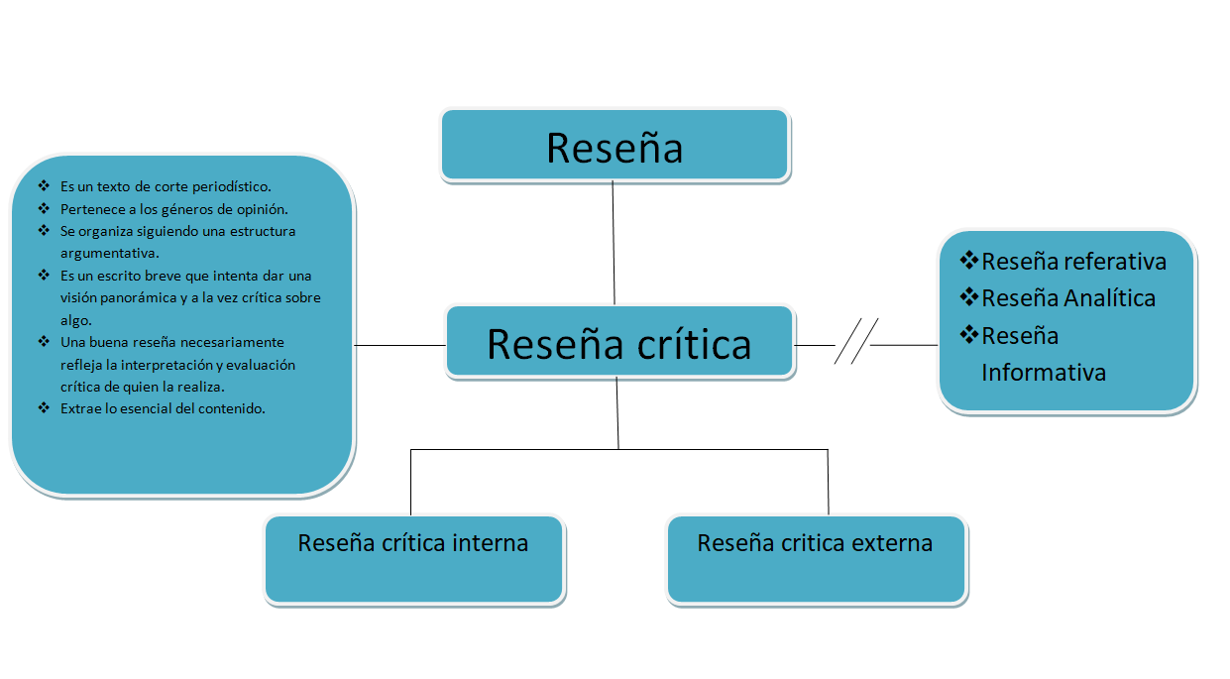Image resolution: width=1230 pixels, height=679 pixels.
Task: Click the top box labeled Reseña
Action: click(x=615, y=146)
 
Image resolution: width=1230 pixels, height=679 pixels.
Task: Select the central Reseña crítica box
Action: click(x=619, y=343)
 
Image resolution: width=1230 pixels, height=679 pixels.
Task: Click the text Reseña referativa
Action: click(x=1073, y=262)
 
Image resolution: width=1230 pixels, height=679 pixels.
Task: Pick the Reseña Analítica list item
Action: click(x=1068, y=298)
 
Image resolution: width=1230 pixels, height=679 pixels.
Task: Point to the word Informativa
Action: click(x=1044, y=373)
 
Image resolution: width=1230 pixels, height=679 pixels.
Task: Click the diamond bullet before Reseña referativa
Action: click(x=969, y=261)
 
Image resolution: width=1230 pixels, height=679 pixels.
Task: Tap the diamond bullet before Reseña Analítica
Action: click(x=969, y=297)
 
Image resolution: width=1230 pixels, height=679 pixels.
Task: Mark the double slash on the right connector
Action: click(x=856, y=342)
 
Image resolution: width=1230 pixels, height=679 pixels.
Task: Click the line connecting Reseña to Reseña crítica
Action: click(x=614, y=243)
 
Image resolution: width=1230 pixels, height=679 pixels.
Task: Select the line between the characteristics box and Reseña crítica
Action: click(x=399, y=345)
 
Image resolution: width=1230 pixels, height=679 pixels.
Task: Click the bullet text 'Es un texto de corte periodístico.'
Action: click(x=166, y=186)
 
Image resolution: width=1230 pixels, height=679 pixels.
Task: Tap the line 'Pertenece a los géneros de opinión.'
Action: click(x=173, y=209)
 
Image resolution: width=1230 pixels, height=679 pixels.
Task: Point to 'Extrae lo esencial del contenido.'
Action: click(x=163, y=408)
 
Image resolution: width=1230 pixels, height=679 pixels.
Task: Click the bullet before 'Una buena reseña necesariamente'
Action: click(x=44, y=341)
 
